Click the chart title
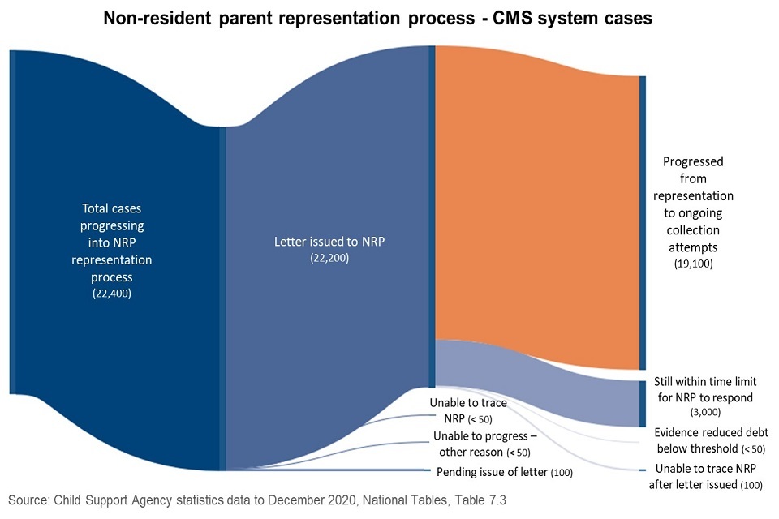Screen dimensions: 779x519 (377, 19)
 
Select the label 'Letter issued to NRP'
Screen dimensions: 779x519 (329, 242)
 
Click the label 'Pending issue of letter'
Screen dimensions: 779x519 (492, 472)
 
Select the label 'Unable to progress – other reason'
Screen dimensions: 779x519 (484, 444)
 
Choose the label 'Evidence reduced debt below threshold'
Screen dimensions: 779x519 (711, 440)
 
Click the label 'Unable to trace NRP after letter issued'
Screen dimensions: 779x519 (705, 476)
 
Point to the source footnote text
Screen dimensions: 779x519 (257, 500)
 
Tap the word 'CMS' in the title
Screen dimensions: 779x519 (512, 19)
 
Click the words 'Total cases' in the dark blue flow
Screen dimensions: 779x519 (111, 208)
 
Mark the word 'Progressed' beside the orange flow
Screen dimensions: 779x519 (693, 161)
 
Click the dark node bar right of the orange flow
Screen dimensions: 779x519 (643, 223)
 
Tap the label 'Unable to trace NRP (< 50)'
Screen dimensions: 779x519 (468, 410)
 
